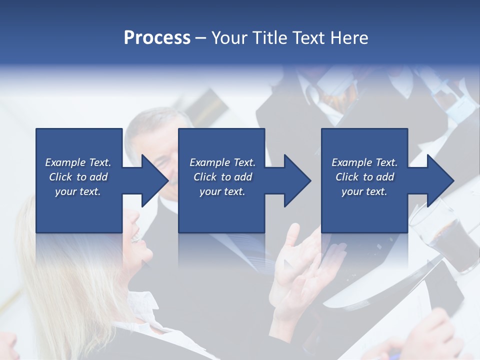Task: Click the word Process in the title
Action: [x=157, y=38]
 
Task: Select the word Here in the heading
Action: [x=349, y=38]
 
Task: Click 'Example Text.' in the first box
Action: [x=78, y=162]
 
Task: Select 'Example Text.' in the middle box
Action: [x=222, y=162]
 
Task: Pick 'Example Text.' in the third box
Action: [x=364, y=162]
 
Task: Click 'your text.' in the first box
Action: [x=78, y=192]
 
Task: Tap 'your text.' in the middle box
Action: [x=222, y=192]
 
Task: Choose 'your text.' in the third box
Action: [x=364, y=192]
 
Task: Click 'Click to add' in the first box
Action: [x=78, y=177]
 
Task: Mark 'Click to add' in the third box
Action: [x=364, y=177]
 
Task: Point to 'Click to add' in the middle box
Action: [x=222, y=177]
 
